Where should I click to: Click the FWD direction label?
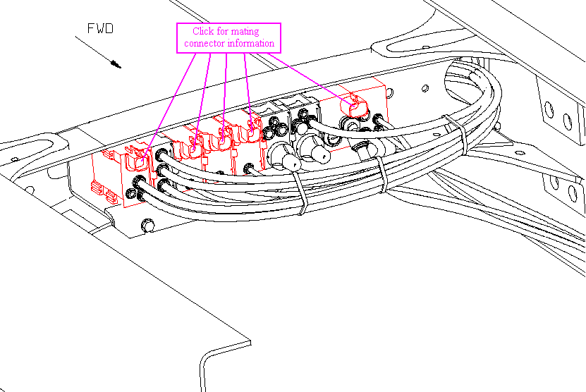click(100, 29)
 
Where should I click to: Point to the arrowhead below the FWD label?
click(116, 64)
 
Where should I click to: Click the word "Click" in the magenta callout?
click(203, 32)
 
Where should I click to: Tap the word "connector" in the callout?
click(205, 43)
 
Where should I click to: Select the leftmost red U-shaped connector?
click(136, 160)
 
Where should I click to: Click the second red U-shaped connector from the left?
click(190, 149)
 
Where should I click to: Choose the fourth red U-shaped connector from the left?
click(249, 131)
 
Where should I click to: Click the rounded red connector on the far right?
click(353, 106)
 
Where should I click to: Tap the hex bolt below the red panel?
click(147, 225)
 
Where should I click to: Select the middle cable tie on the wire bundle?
click(382, 174)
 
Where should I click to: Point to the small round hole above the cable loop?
click(425, 89)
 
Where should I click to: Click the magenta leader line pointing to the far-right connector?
click(310, 78)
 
